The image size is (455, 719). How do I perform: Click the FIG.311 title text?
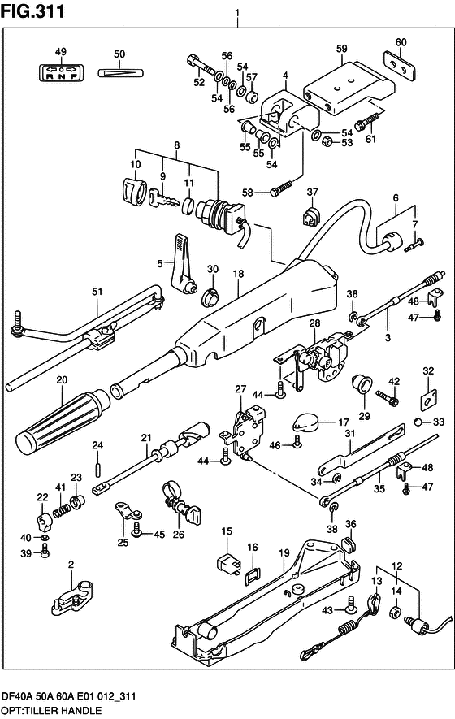32,11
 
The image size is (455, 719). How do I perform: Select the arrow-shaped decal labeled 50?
121,72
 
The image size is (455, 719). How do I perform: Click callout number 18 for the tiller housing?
238,274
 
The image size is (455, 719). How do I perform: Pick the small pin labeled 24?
97,469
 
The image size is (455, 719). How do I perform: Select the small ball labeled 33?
418,422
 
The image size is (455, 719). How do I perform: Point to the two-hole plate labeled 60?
400,67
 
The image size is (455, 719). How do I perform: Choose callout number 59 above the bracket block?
342,49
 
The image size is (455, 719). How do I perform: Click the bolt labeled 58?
279,188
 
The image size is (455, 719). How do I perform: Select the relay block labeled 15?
227,563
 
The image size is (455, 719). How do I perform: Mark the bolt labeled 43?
352,604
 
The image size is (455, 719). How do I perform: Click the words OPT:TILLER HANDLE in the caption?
51,711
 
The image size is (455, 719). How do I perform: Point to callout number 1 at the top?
237,14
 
